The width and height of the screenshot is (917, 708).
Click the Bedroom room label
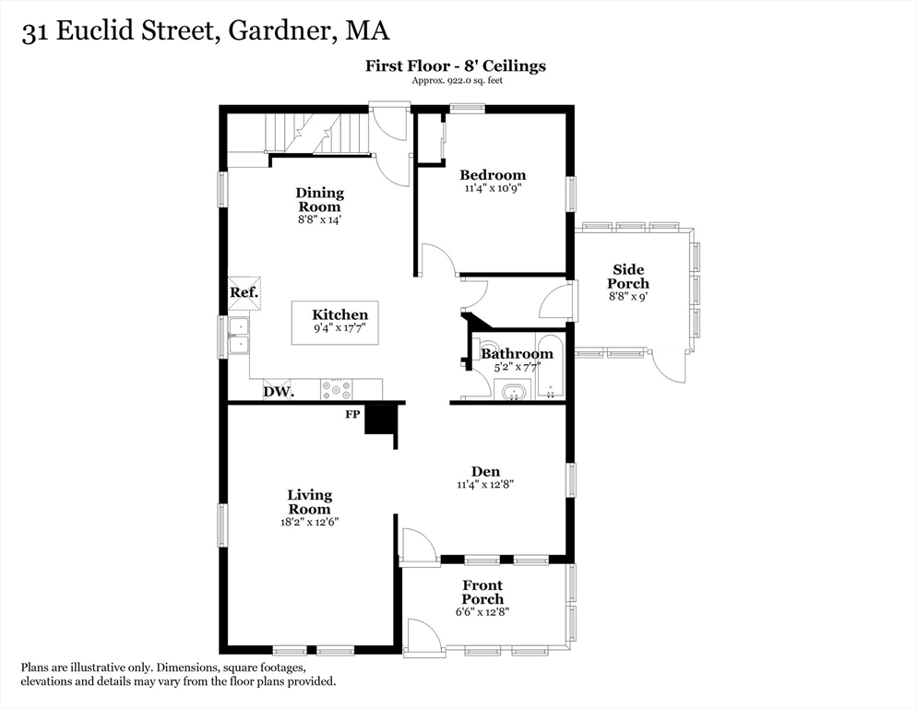pyautogui.click(x=493, y=175)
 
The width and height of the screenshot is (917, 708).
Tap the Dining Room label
pyautogui.click(x=319, y=200)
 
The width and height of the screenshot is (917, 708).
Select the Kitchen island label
pyautogui.click(x=339, y=315)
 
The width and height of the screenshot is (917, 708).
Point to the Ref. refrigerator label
pyautogui.click(x=244, y=292)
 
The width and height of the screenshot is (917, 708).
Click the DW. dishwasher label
pyautogui.click(x=278, y=392)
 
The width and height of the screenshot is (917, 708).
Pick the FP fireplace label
pyautogui.click(x=352, y=415)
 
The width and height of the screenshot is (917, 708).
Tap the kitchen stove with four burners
pyautogui.click(x=336, y=389)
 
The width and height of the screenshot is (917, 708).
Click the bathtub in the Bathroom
pyautogui.click(x=549, y=368)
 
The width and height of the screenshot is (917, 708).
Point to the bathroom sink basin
pyautogui.click(x=512, y=394)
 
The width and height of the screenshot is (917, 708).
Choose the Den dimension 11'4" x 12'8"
pyautogui.click(x=484, y=484)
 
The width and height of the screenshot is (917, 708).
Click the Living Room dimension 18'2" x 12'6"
pyautogui.click(x=309, y=522)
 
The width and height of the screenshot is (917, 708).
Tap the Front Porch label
pyautogui.click(x=482, y=593)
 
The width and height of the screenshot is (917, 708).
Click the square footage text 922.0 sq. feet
pyautogui.click(x=457, y=81)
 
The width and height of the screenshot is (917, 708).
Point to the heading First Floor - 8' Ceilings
pyautogui.click(x=456, y=65)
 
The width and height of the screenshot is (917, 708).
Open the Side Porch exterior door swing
pyautogui.click(x=671, y=367)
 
